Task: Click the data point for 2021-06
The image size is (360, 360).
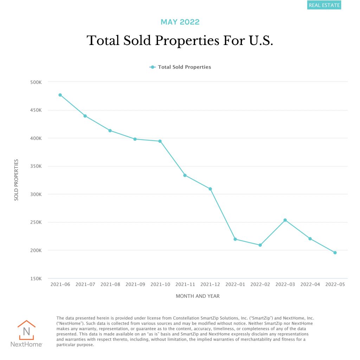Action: click(x=60, y=95)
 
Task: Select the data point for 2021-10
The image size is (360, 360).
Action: click(x=160, y=141)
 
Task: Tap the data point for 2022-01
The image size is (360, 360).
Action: click(x=235, y=239)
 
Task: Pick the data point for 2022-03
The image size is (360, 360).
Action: click(x=285, y=220)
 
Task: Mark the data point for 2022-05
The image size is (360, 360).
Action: click(x=335, y=252)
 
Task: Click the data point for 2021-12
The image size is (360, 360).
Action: click(x=210, y=189)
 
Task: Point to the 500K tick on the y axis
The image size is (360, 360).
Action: click(x=36, y=82)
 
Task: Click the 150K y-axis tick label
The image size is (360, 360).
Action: click(x=36, y=279)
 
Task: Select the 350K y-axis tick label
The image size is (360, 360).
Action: click(x=36, y=166)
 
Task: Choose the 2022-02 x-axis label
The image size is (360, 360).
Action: click(x=260, y=284)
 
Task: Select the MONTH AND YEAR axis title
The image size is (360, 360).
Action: click(x=198, y=296)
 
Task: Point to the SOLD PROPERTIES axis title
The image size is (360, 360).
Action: click(x=16, y=180)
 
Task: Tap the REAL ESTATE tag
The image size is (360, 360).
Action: click(x=324, y=5)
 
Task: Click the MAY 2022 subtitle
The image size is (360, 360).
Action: click(x=180, y=22)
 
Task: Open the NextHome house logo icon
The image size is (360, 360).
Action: click(x=26, y=330)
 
